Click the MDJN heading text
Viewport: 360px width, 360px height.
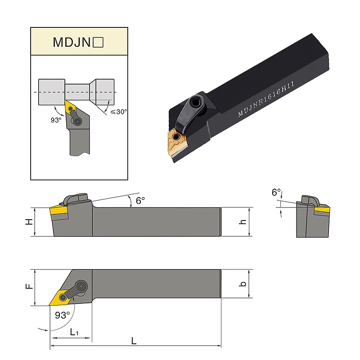click(x=72, y=42)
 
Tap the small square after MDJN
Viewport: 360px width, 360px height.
click(x=98, y=42)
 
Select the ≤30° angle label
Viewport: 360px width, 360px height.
click(x=118, y=112)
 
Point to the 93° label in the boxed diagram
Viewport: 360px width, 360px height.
click(x=56, y=120)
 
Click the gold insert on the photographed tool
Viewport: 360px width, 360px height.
click(x=178, y=143)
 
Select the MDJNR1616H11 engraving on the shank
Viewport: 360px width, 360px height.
click(x=266, y=99)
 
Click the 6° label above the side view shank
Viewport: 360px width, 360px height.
click(x=140, y=200)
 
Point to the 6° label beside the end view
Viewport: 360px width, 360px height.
click(x=276, y=192)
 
